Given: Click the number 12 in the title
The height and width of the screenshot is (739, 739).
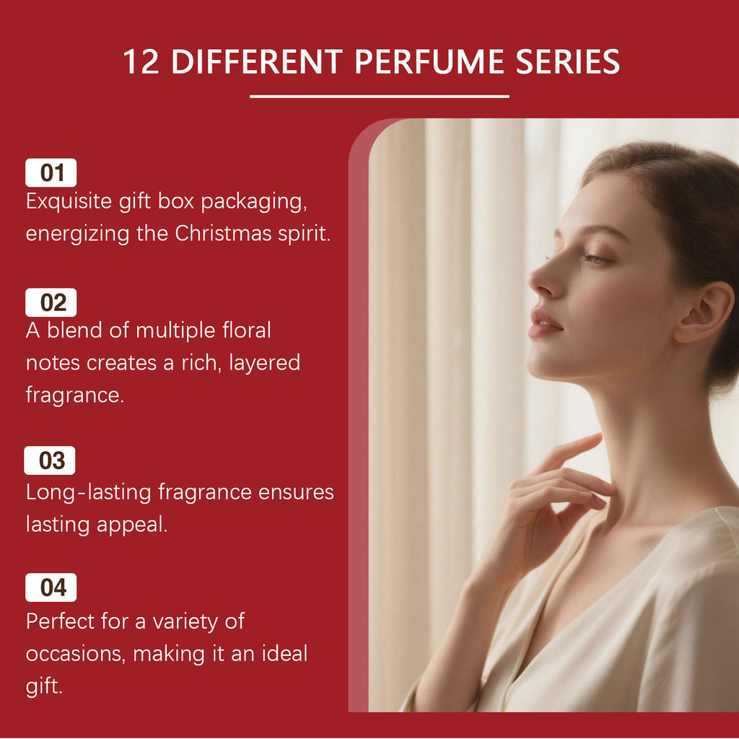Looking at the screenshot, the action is [x=141, y=62].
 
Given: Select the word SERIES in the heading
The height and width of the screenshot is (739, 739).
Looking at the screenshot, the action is [x=567, y=62].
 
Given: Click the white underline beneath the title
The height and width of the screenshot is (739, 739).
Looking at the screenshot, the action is [x=380, y=96].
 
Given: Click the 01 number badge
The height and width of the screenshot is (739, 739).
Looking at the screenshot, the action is [x=51, y=172].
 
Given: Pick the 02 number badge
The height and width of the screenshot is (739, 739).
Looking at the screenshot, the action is [x=51, y=302].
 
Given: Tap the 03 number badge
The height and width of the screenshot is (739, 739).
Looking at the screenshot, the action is [x=50, y=460].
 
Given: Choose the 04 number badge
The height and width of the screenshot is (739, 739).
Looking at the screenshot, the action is [x=51, y=587].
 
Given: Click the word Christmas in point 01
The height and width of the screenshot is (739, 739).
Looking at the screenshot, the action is [x=224, y=233].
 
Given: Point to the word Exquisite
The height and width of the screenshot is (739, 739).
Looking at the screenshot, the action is [x=69, y=202].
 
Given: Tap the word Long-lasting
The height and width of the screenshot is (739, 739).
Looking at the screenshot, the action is [x=89, y=492].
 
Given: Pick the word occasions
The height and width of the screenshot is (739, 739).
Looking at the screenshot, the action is [x=75, y=655].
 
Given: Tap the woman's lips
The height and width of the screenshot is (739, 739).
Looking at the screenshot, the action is [x=544, y=324].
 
